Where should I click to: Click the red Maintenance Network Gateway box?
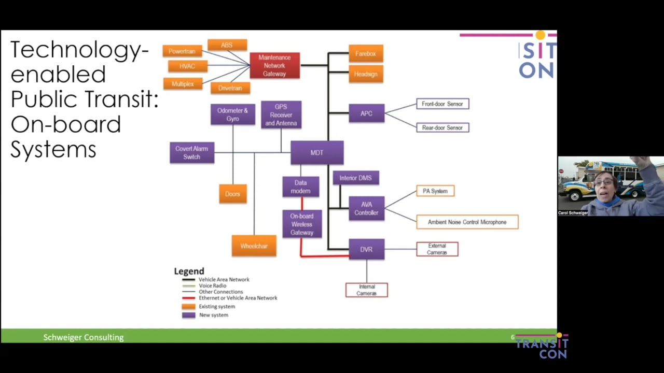[x=274, y=65]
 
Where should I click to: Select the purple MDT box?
[x=317, y=153]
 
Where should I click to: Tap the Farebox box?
[x=366, y=53]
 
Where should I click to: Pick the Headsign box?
[x=366, y=74]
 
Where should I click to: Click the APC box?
[x=366, y=113]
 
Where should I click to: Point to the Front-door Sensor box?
[x=442, y=104]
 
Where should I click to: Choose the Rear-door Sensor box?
[x=442, y=127]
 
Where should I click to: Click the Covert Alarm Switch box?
[x=192, y=153]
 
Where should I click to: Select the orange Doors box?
[x=233, y=194]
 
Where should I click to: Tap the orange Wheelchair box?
[x=254, y=246]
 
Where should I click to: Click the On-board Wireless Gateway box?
[x=302, y=224]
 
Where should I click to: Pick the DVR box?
[x=366, y=249]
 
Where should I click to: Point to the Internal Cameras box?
[x=366, y=290]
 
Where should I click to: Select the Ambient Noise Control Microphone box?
[x=467, y=222]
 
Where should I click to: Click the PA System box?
[x=435, y=191]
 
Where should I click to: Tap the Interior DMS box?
[x=356, y=178]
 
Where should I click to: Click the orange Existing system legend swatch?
[x=188, y=306]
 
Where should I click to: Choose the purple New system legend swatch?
[x=188, y=315]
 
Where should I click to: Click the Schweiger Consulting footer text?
[x=84, y=337]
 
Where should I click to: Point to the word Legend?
[x=189, y=271]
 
